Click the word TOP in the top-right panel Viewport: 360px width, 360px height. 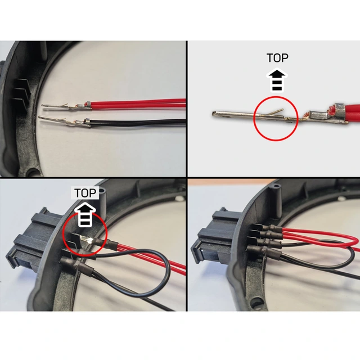277,58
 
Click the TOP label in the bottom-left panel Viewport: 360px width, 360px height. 85,193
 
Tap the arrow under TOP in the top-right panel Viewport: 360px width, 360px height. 277,80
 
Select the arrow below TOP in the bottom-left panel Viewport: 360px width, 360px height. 85,215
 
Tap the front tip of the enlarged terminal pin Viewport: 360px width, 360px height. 214,113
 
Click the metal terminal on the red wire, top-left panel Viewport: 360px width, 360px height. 66,106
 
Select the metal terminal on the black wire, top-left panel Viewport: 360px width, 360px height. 64,121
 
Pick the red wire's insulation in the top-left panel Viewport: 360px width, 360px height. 138,103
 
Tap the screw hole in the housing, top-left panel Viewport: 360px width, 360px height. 34,171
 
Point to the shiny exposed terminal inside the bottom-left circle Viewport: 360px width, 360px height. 87,241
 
